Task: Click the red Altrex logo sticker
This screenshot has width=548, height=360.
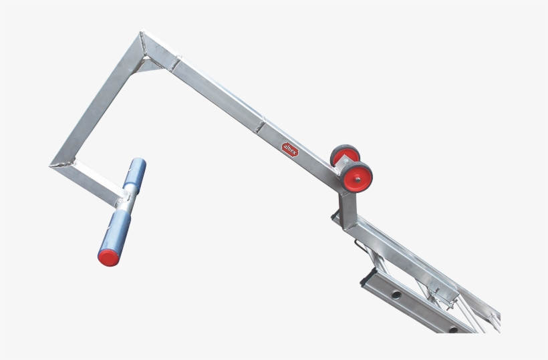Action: [291, 147]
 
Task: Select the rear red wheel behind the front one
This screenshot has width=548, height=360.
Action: [344, 156]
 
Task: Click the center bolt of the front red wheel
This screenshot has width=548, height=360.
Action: [361, 177]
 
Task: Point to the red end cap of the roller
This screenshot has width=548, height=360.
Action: [107, 256]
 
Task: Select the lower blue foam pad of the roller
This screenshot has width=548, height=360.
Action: [116, 232]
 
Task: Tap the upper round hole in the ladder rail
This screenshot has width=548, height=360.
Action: [396, 295]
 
